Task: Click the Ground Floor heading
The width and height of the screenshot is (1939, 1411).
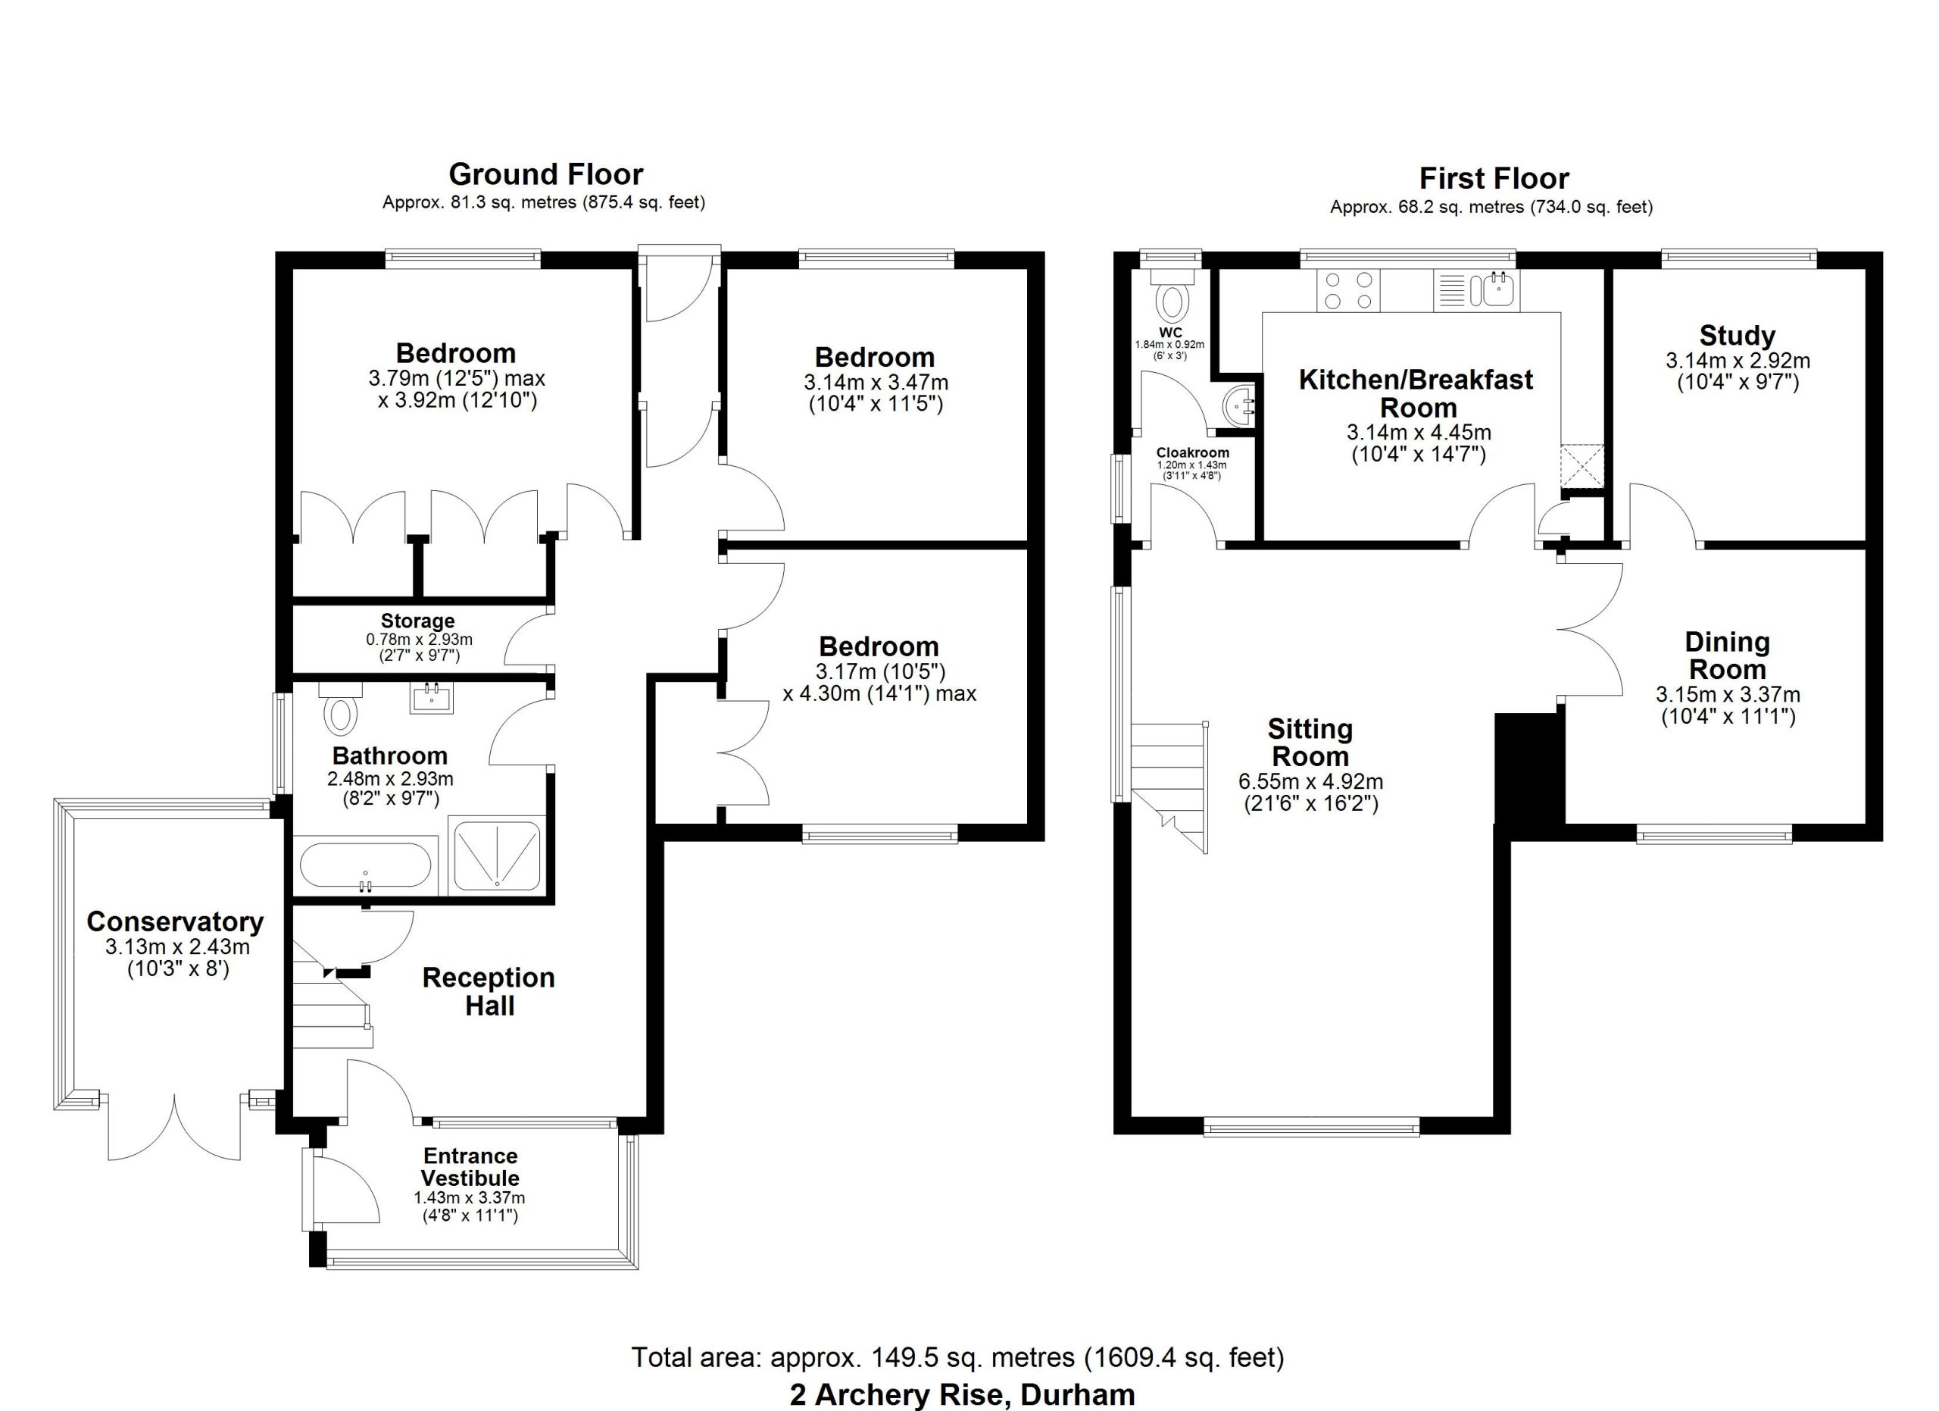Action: [x=545, y=174]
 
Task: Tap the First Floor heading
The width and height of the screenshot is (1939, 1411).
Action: [x=1494, y=179]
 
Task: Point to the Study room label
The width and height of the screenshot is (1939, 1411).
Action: [x=1738, y=335]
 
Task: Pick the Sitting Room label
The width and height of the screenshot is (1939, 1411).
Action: [x=1310, y=743]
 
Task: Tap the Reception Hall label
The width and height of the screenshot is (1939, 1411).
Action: [x=489, y=991]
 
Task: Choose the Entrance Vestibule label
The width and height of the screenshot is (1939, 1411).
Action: [x=470, y=1166]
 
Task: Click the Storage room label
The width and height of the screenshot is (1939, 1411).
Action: [x=418, y=621]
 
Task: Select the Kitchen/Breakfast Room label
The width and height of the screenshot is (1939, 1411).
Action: [x=1416, y=393]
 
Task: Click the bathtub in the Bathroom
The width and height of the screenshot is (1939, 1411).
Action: [x=367, y=866]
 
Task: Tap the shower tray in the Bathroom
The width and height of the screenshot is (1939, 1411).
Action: [x=496, y=855]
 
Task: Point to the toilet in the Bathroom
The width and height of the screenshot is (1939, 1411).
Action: [x=340, y=709]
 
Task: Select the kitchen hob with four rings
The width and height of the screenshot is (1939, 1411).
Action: [x=1348, y=290]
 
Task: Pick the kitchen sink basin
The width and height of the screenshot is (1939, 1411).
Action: [x=1499, y=290]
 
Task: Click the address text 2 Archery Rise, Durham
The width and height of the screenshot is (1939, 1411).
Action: [x=963, y=1395]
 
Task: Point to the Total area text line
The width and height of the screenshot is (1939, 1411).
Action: [x=957, y=1357]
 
